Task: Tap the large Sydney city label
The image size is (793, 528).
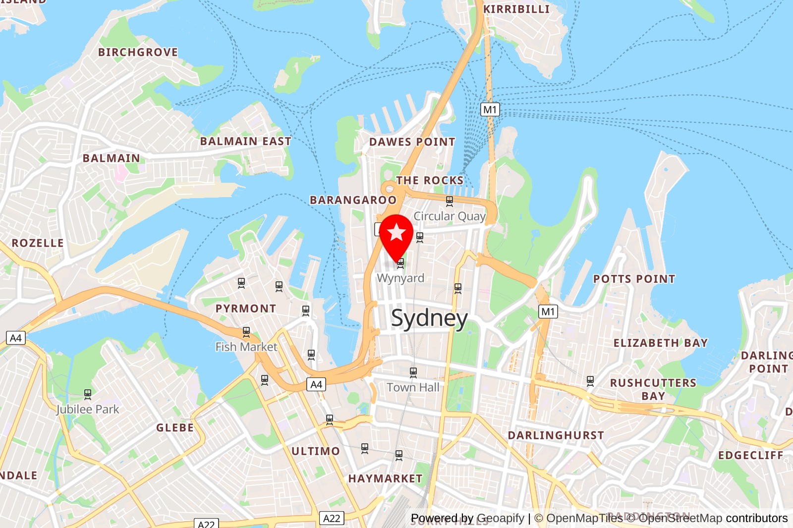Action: coord(429,318)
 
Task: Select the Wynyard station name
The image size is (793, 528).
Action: coord(400,278)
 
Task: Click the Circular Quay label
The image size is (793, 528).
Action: coord(450,216)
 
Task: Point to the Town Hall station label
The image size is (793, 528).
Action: coord(413,387)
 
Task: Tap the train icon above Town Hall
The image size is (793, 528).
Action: coord(413,372)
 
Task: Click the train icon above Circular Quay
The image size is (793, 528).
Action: coord(450,201)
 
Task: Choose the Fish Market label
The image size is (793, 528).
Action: coord(246,347)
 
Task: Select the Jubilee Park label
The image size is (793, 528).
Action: coord(88,409)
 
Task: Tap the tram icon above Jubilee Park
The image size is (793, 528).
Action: coord(88,394)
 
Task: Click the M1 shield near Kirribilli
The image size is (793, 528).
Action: coord(490,109)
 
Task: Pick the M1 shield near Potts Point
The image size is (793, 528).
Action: coord(548,312)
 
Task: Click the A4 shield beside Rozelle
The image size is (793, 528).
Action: coord(16,338)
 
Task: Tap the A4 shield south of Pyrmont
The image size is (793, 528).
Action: coord(316,384)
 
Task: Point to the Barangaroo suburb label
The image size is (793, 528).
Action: coord(353,200)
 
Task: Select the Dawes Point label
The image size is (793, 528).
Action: coord(412,142)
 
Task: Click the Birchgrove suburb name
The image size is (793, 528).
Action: coord(138,52)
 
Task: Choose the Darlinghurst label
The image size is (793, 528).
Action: coord(556,435)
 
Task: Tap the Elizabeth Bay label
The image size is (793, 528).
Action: coord(660,343)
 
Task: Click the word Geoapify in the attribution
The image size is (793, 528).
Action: coord(500,518)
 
